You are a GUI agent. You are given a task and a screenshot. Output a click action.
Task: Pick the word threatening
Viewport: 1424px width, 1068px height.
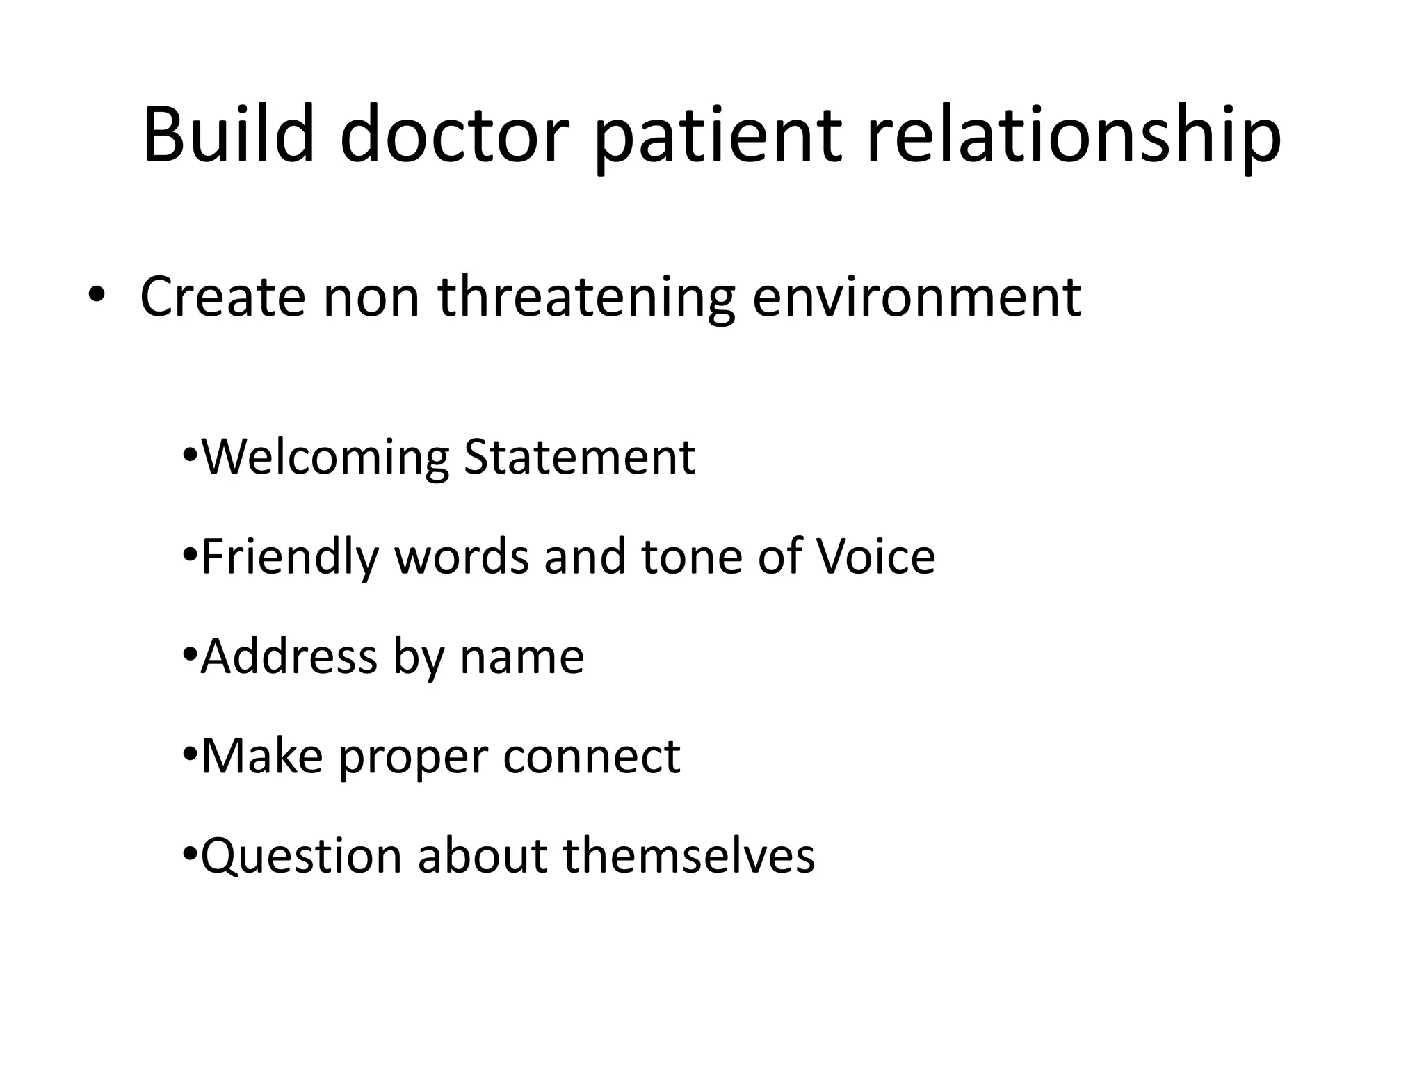pos(586,298)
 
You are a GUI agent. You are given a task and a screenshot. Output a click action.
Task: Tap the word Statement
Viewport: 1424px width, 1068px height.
pos(579,457)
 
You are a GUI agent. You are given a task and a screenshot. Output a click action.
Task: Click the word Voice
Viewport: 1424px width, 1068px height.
pos(875,557)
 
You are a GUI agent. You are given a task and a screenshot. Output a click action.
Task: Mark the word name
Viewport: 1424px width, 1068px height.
pos(521,658)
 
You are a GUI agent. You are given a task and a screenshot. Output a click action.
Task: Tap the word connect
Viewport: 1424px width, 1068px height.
pos(592,756)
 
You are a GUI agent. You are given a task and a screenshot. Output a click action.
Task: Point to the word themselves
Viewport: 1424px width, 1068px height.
pos(688,856)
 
